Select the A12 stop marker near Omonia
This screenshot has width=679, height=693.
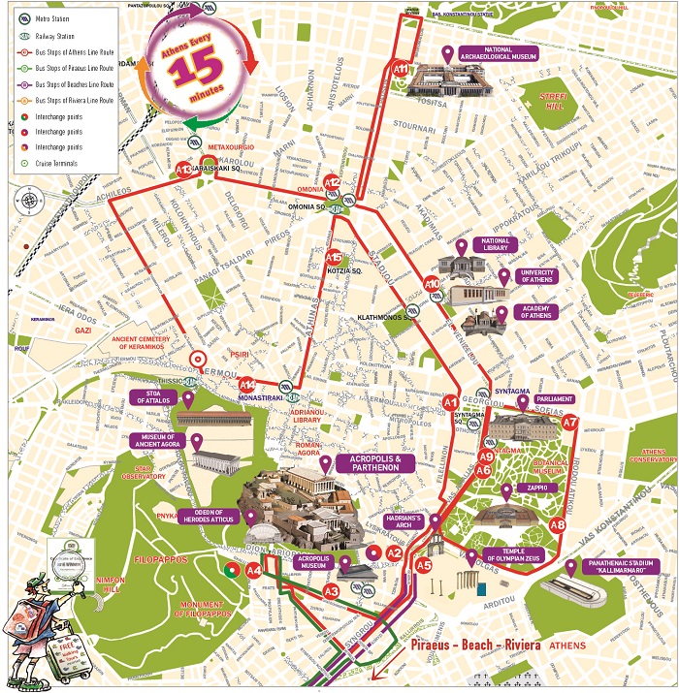tap(332, 182)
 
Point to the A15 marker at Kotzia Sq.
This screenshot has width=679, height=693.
tap(334, 258)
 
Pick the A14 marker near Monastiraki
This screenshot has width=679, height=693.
tap(247, 384)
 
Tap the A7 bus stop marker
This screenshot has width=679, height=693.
tap(570, 422)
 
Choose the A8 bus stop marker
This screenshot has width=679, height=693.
tap(557, 524)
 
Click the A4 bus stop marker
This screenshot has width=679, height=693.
tap(253, 571)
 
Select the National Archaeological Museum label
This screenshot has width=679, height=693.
tap(499, 54)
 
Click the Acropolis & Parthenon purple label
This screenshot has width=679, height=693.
tap(374, 463)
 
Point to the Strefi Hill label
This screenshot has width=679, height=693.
tap(546, 98)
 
